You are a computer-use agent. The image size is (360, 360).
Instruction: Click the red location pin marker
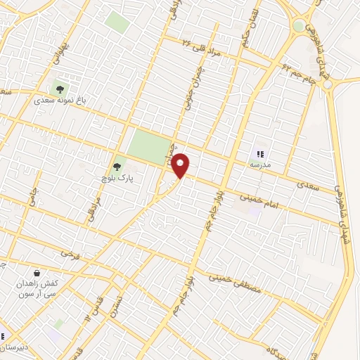point(181,165)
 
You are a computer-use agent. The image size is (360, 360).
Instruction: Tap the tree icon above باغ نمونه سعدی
point(60,89)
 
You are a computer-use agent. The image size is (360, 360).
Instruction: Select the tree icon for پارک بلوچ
point(117,167)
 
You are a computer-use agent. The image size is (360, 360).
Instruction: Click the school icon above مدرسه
point(260,153)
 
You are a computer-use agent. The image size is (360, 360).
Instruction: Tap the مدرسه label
point(259,165)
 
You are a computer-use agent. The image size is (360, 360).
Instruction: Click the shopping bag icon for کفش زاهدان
point(36,273)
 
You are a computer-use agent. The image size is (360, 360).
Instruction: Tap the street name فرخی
point(68,252)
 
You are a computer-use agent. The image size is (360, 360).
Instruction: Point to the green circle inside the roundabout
point(299,26)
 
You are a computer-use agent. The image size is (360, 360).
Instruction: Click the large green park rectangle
point(149,146)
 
